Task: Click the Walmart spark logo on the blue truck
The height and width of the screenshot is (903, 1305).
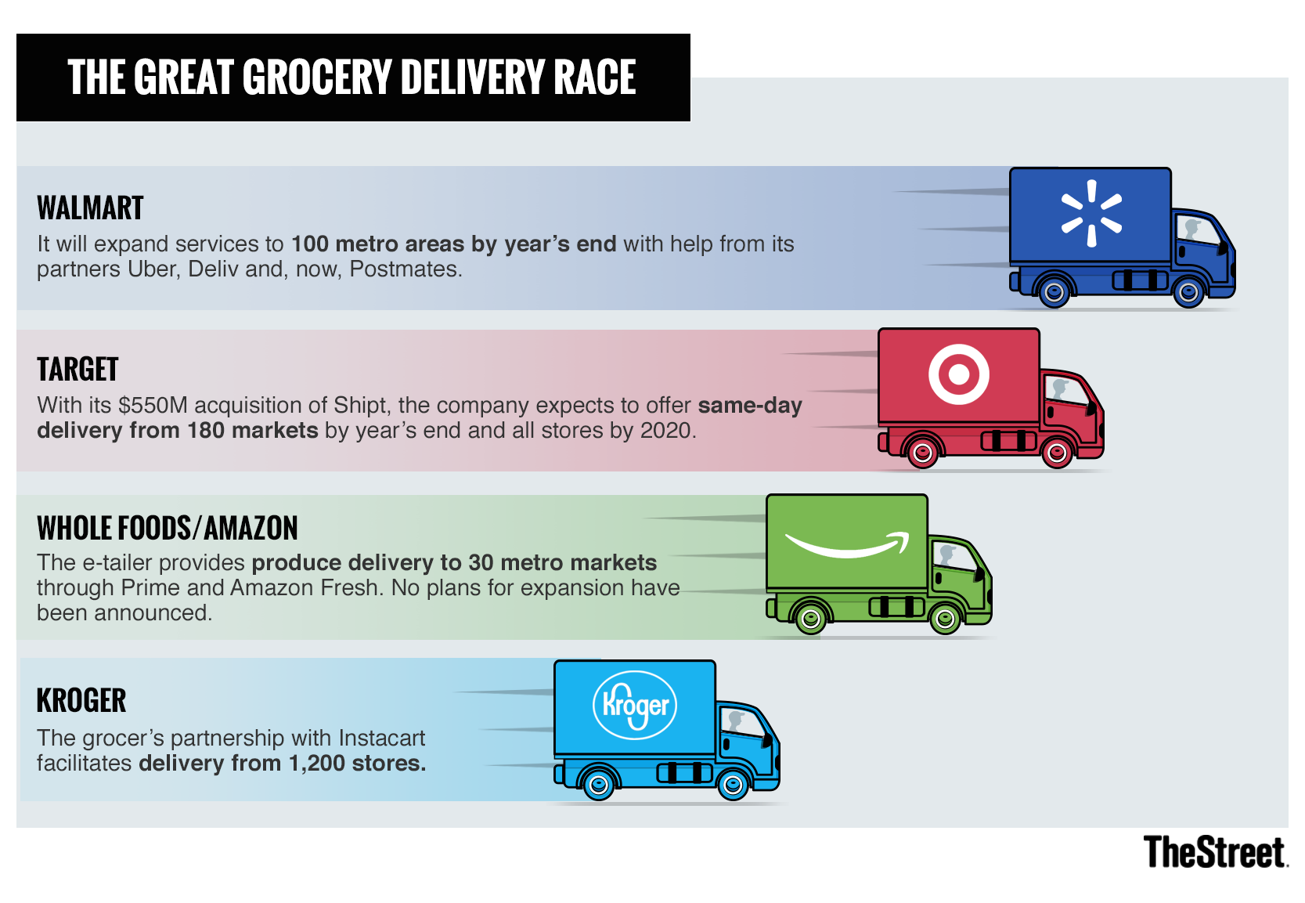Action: click(x=1091, y=213)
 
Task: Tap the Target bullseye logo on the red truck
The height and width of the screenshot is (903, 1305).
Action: click(x=958, y=374)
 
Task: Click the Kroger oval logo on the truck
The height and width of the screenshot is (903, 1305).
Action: click(x=634, y=705)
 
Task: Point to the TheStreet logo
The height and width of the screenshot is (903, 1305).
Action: click(x=1215, y=852)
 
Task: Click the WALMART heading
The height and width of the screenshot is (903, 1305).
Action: click(x=90, y=208)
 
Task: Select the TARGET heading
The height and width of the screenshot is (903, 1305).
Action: click(x=78, y=370)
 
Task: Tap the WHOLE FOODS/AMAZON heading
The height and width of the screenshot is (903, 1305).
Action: click(x=168, y=528)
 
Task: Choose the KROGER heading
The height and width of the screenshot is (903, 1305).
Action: click(x=81, y=700)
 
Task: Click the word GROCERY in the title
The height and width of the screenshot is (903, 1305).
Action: click(x=318, y=77)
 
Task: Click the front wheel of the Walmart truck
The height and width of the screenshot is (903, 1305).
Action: click(x=1188, y=291)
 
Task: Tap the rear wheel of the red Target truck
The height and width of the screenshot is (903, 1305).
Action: click(x=922, y=453)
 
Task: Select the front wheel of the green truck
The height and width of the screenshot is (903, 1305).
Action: click(x=945, y=618)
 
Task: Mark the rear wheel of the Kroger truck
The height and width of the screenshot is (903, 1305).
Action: click(x=598, y=785)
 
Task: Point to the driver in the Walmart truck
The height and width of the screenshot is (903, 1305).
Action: click(x=1191, y=229)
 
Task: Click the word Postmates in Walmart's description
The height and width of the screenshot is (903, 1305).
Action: click(x=406, y=269)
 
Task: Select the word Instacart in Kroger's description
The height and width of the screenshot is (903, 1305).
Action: click(x=381, y=739)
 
